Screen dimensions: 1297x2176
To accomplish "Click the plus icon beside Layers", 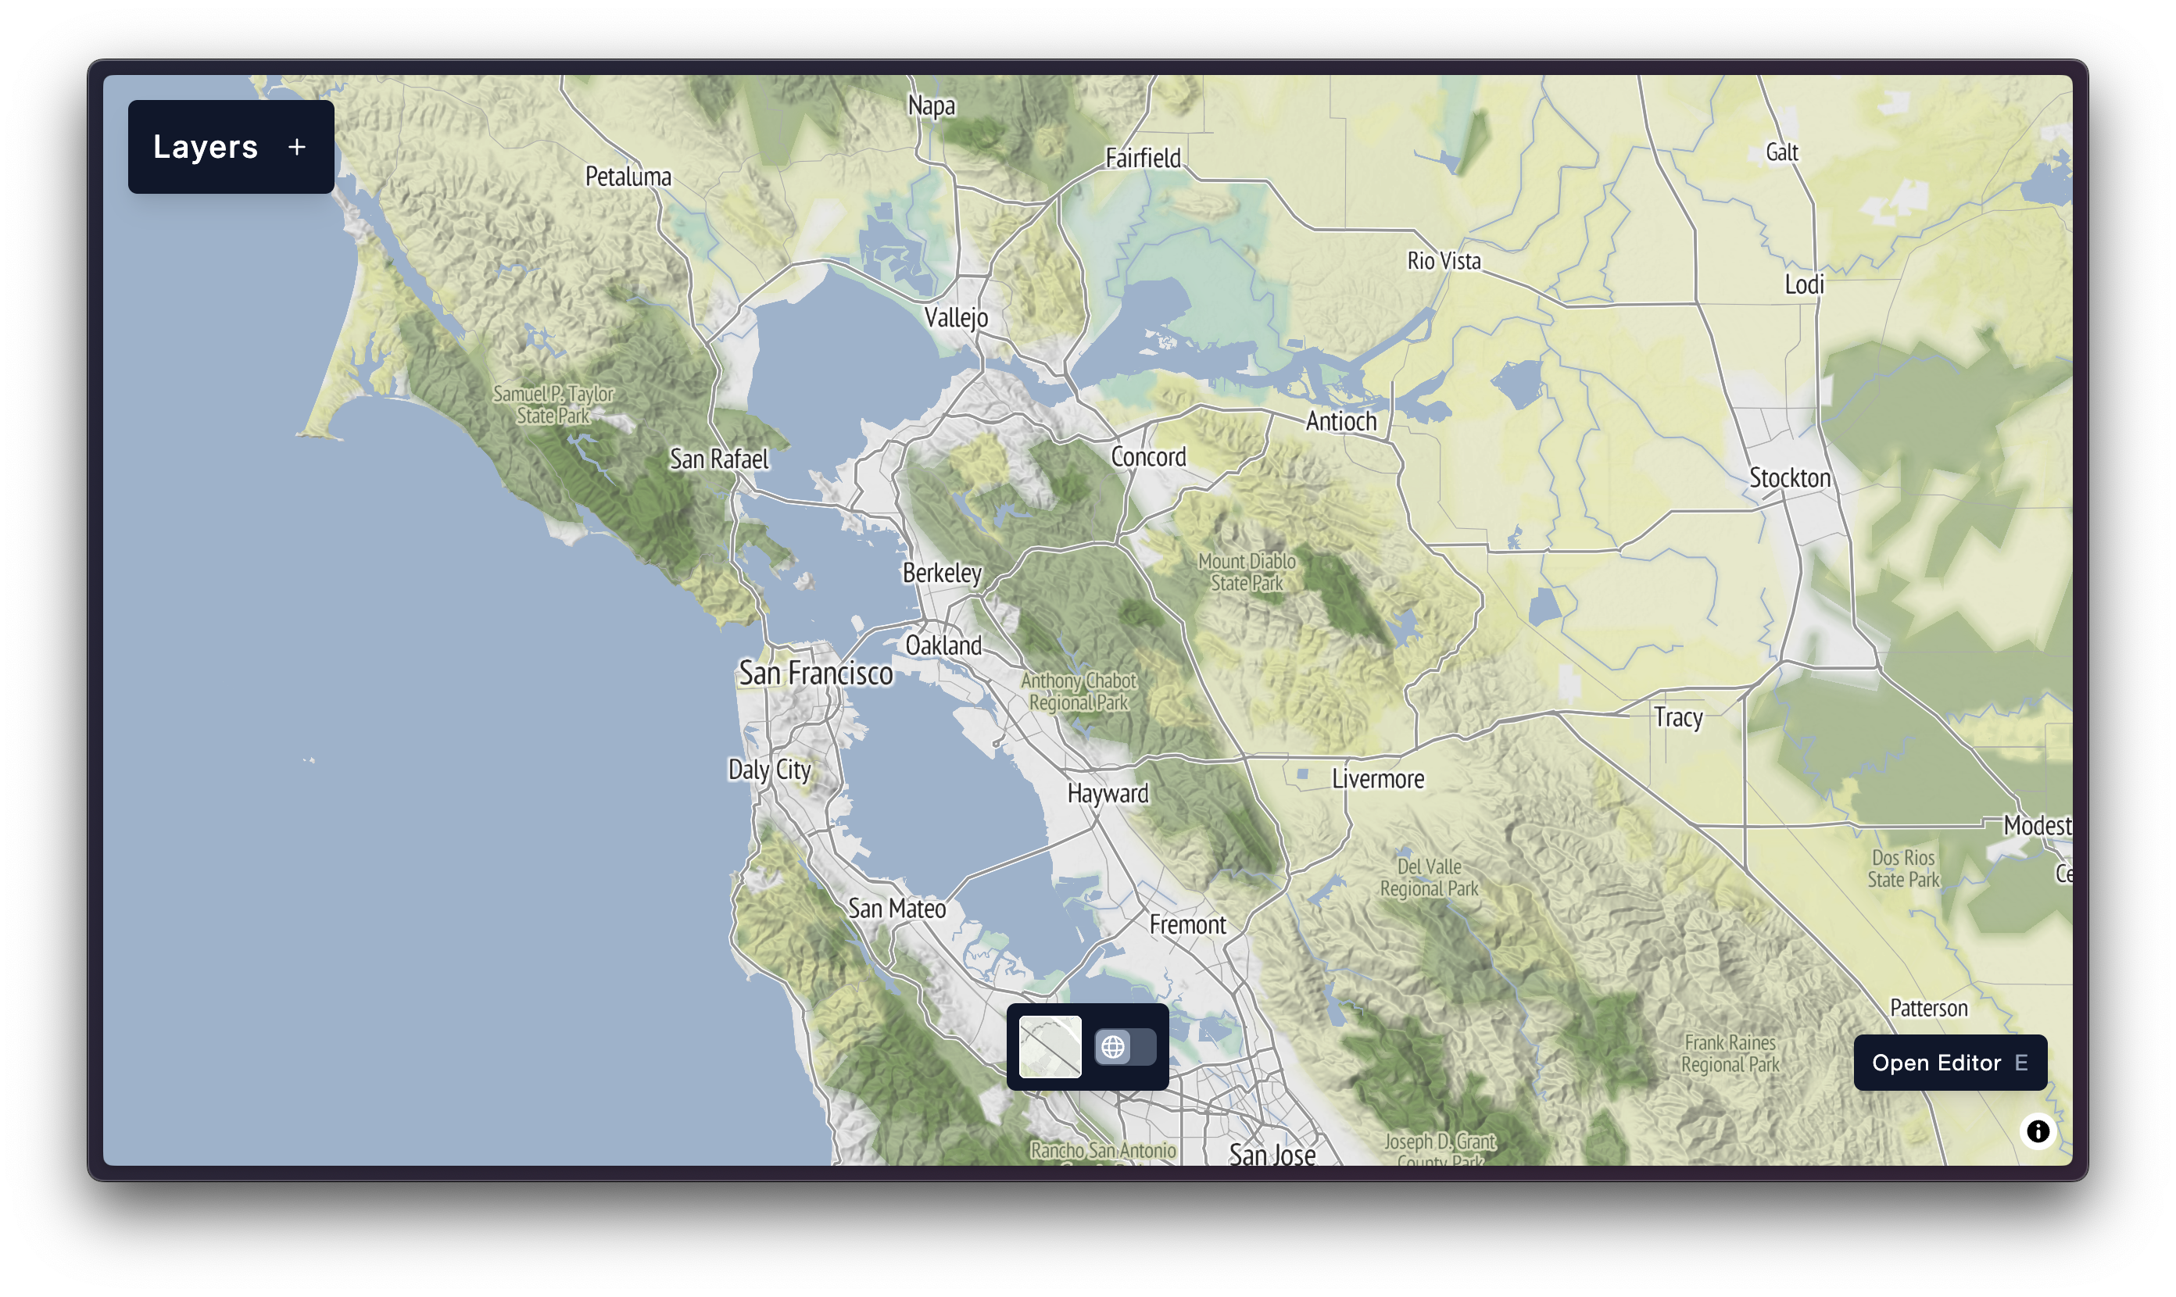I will pyautogui.click(x=296, y=147).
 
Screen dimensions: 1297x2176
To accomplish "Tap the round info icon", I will pyautogui.click(x=2037, y=1131).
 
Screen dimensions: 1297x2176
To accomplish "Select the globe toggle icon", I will pyautogui.click(x=1113, y=1046).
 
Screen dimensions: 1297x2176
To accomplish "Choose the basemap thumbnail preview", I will pyautogui.click(x=1050, y=1046).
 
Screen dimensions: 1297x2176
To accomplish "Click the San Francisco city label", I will pyautogui.click(x=816, y=674).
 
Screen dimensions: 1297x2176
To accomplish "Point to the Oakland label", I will pyautogui.click(x=943, y=646).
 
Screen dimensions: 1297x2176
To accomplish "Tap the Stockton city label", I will pyautogui.click(x=1790, y=478).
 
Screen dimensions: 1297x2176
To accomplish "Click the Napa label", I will pyautogui.click(x=931, y=105).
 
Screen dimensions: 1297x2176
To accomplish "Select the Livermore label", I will pyautogui.click(x=1378, y=779).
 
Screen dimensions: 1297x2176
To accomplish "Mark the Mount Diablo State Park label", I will pyautogui.click(x=1247, y=573).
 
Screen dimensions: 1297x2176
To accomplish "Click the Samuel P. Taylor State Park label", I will pyautogui.click(x=553, y=405).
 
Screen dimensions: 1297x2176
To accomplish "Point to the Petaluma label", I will pyautogui.click(x=628, y=177).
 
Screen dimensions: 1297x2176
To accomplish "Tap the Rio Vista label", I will pyautogui.click(x=1444, y=261).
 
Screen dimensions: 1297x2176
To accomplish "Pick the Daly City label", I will pyautogui.click(x=769, y=770).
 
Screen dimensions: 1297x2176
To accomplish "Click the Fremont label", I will pyautogui.click(x=1187, y=924).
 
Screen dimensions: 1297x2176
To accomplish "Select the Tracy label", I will pyautogui.click(x=1677, y=717).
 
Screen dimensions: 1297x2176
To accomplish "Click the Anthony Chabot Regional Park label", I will pyautogui.click(x=1079, y=691).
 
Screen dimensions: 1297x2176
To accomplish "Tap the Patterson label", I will pyautogui.click(x=1928, y=1009).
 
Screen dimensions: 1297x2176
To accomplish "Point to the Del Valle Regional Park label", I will pyautogui.click(x=1430, y=877).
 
